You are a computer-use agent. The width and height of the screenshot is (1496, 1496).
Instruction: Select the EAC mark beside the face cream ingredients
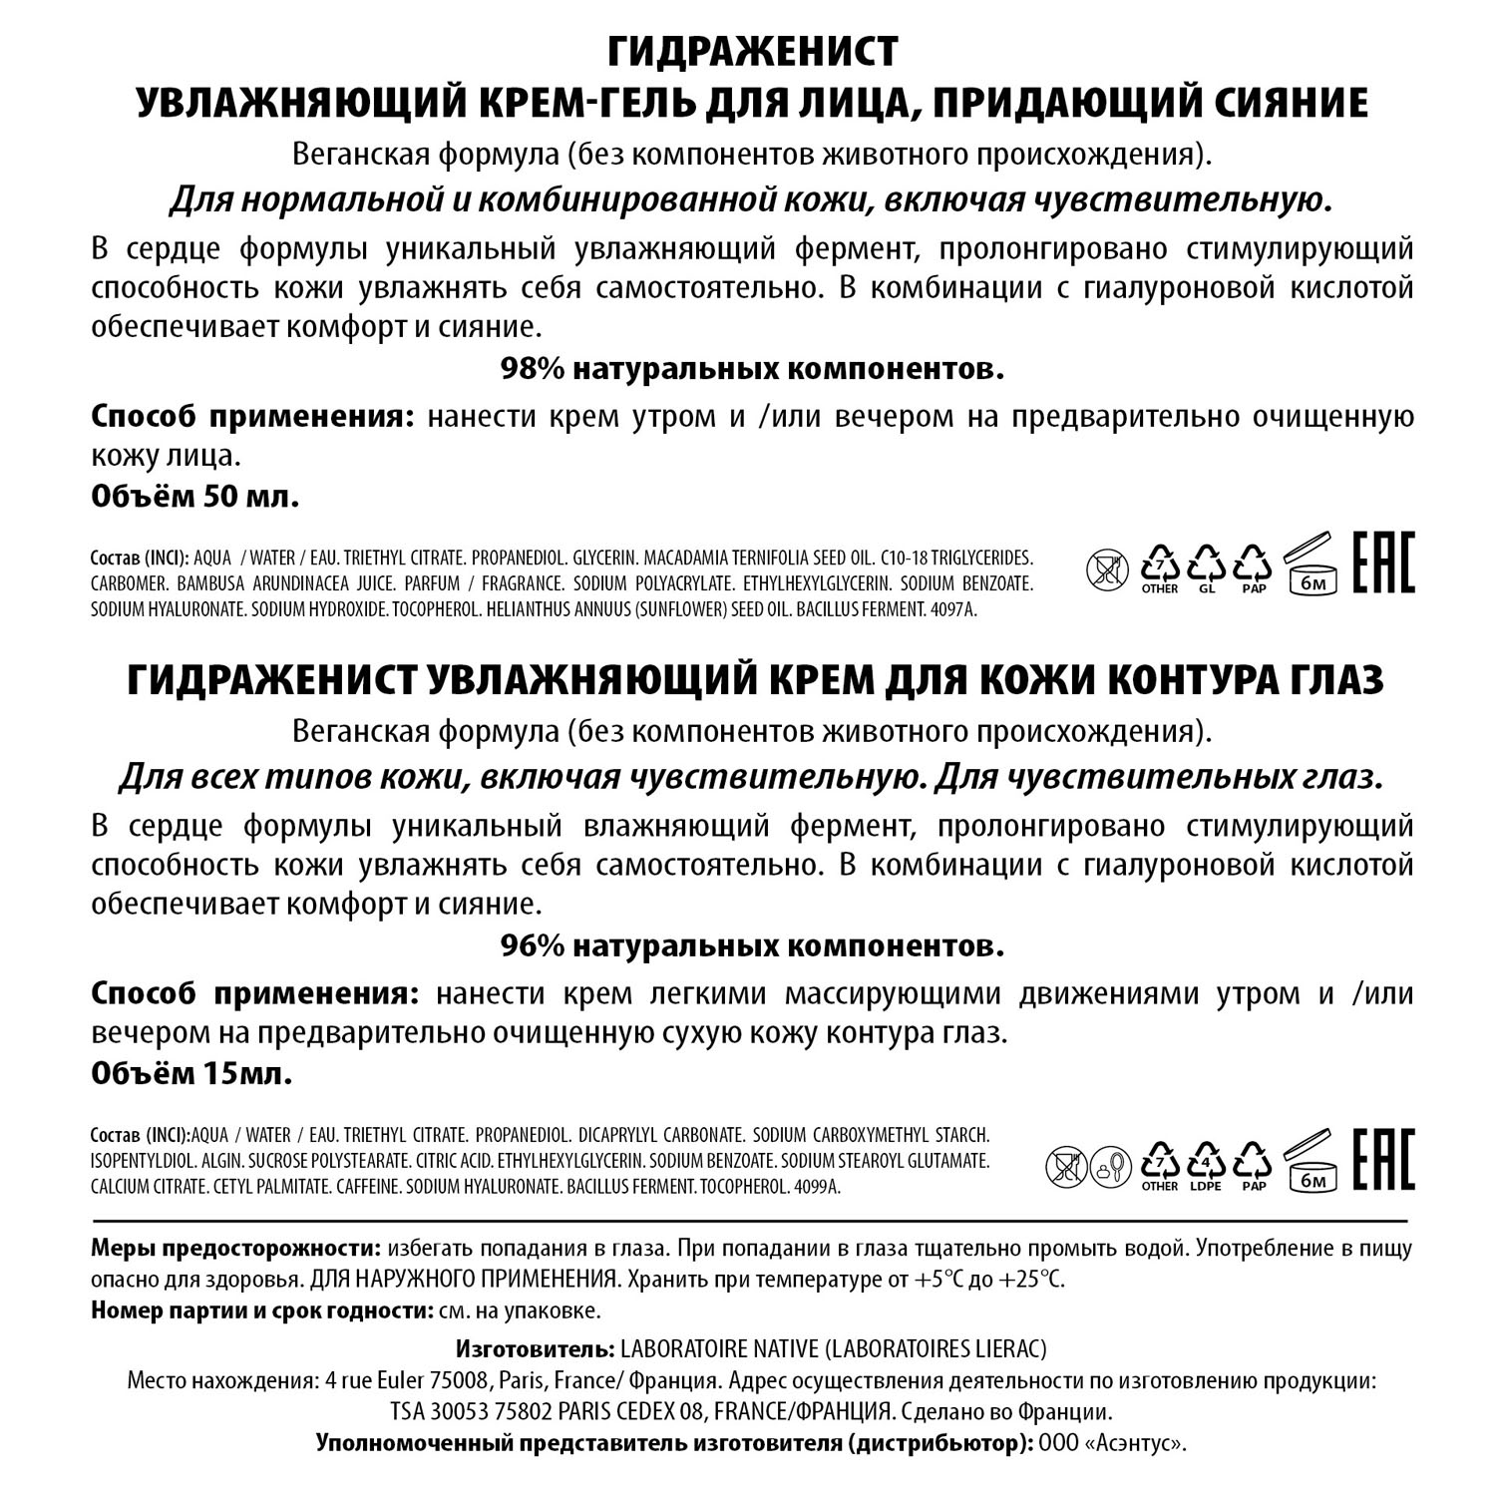1383,563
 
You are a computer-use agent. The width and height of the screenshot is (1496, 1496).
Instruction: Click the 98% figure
533,369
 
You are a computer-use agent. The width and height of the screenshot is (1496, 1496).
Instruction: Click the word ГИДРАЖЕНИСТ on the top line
752,51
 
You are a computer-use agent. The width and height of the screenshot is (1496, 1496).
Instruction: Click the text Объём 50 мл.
195,497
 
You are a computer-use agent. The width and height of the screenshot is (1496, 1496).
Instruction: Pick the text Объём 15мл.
191,1073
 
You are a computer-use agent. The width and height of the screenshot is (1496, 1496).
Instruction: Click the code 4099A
816,1188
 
